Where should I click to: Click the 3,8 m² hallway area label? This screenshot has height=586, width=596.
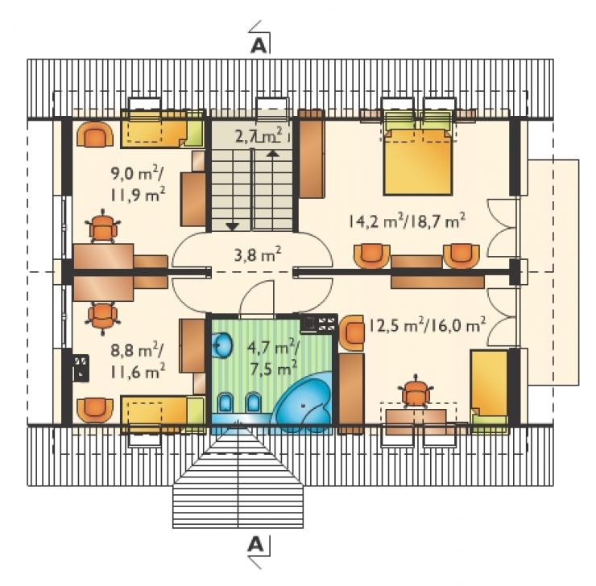click(258, 255)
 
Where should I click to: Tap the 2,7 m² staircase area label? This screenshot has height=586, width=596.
click(259, 135)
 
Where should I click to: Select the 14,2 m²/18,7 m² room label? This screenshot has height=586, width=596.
click(407, 221)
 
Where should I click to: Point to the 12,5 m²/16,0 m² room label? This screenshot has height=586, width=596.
click(427, 325)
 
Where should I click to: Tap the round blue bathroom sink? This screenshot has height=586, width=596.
click(221, 345)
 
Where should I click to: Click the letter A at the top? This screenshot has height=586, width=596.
click(258, 46)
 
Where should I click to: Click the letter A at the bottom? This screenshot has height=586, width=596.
click(255, 545)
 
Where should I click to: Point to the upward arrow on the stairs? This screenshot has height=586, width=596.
click(272, 153)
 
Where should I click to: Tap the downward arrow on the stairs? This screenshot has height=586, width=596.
click(232, 227)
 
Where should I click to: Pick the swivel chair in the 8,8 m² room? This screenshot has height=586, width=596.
click(102, 316)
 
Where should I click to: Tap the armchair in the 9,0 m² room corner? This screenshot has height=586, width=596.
click(95, 134)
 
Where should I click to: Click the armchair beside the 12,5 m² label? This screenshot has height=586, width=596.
click(351, 332)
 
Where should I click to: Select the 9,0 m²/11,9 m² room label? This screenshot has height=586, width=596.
click(138, 184)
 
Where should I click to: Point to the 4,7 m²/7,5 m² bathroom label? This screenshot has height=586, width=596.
click(273, 357)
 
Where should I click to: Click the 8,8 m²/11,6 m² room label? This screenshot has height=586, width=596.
click(138, 360)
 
